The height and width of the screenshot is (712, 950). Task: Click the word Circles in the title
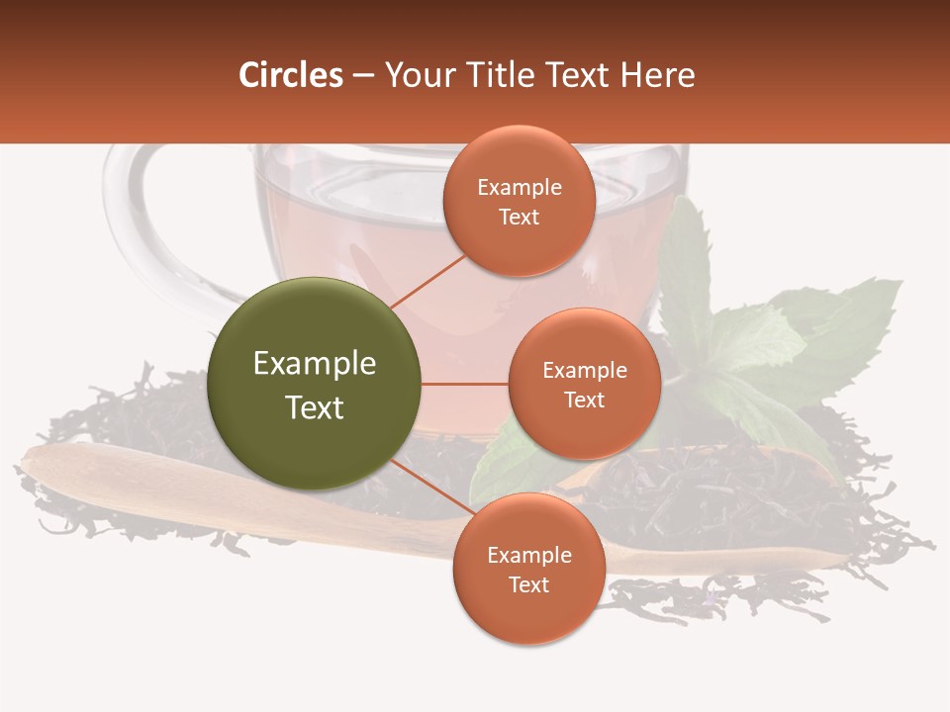coord(290,75)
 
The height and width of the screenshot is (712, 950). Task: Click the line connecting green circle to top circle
coord(428,281)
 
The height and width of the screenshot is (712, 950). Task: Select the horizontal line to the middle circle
coord(464,384)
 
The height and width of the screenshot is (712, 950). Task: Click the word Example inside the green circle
coord(315,364)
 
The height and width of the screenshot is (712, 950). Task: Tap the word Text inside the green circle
coord(315,407)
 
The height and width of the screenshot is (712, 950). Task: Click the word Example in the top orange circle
coord(520,188)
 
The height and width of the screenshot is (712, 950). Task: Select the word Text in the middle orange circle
coord(584,400)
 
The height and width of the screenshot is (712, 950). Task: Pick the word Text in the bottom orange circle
coord(528,585)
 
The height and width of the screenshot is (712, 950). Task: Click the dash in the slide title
coord(363,76)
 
